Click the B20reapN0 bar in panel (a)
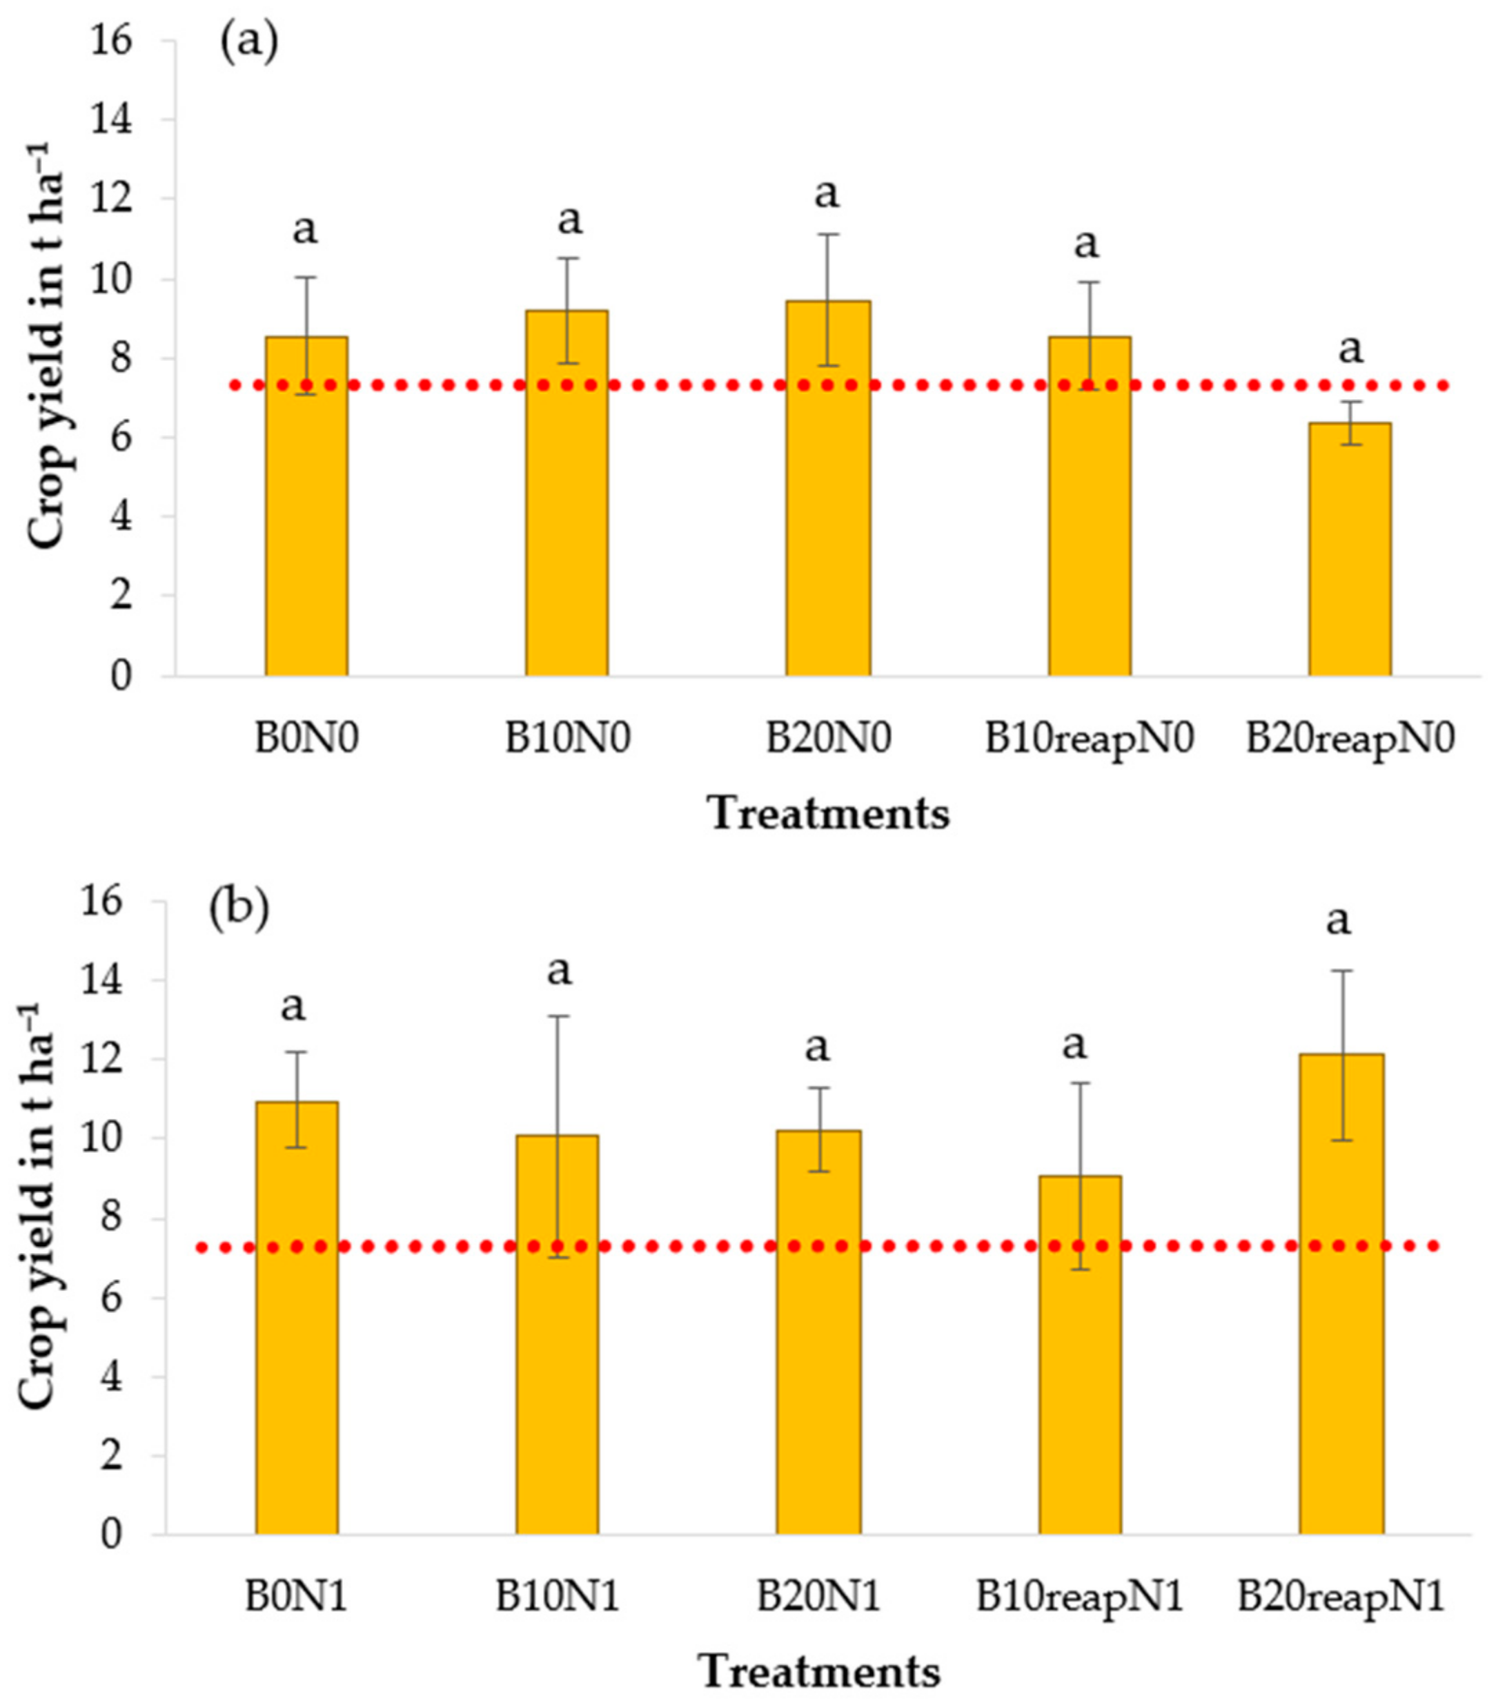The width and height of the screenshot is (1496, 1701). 1349,550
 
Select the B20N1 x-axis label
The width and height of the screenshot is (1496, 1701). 817,1598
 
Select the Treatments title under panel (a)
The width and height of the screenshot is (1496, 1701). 829,813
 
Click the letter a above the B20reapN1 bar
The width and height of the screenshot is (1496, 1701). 1338,920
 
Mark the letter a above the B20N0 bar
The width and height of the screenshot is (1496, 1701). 826,193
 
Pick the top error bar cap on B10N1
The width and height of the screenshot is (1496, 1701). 558,1016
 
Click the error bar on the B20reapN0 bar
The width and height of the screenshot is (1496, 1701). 1350,422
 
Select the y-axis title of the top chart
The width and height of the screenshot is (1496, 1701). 47,345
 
